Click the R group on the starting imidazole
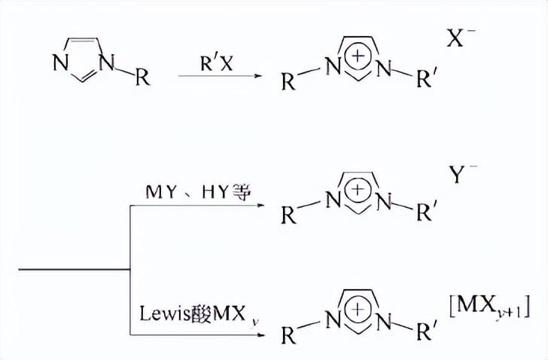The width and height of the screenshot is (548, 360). pyautogui.click(x=141, y=78)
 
